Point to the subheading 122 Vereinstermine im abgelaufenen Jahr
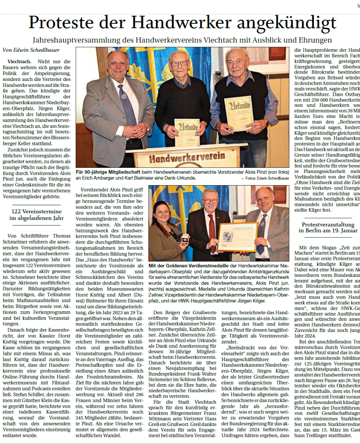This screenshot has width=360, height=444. tap(36, 215)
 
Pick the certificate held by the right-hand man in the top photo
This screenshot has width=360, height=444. tap(239, 113)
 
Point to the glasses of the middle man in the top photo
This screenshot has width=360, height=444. tap(180, 63)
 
